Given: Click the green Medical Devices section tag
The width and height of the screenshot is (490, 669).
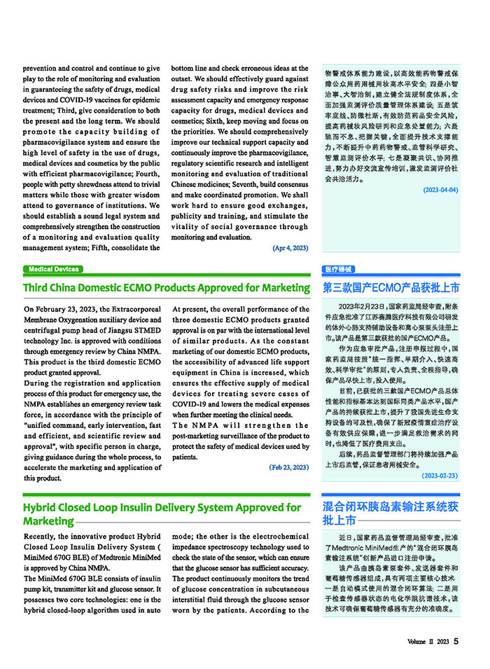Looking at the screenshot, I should coord(54,270).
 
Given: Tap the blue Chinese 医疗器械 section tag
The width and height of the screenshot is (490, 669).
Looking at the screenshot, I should coord(339,270).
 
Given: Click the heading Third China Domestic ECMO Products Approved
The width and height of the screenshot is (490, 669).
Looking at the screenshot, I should coord(140,288).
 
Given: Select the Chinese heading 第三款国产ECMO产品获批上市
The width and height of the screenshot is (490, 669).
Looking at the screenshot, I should coord(391,288).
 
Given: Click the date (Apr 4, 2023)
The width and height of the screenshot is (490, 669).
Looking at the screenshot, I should coord(290,248).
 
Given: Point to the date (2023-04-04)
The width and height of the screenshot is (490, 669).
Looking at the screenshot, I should coord(440,190).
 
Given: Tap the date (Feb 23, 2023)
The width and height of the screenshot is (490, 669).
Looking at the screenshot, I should coord(289,467).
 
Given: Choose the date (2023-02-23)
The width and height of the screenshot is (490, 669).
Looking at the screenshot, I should coord(440,476).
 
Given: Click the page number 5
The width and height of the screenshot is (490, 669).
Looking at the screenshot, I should coord(456,641).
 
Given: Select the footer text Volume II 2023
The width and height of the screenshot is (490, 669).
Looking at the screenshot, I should coord(428,642).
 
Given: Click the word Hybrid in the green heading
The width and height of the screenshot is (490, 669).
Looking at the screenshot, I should coord(41,507).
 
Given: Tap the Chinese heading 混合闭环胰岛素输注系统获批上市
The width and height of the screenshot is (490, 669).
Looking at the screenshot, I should coord(391,513).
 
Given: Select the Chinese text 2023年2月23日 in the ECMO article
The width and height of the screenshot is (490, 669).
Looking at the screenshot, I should coord(361,307).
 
